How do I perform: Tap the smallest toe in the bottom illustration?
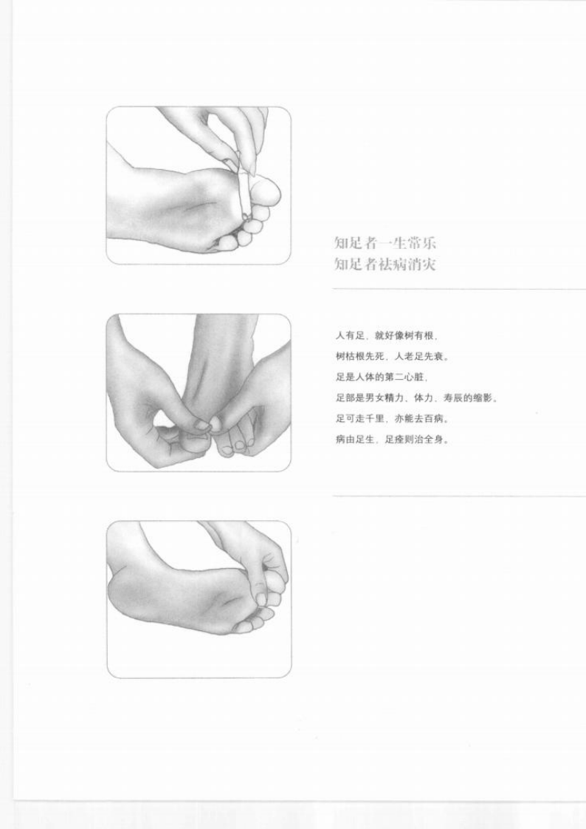241,627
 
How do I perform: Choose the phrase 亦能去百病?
419,419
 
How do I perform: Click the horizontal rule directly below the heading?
458,289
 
